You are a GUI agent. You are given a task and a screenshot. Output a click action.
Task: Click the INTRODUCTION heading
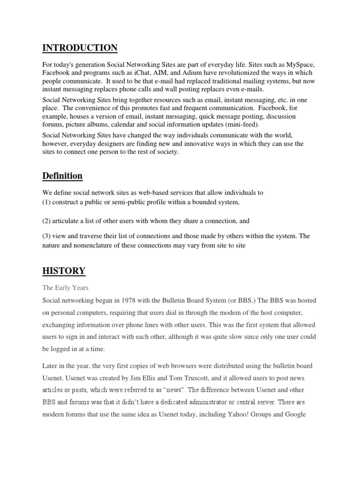click(80, 48)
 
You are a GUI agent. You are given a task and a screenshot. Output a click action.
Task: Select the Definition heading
click(62, 176)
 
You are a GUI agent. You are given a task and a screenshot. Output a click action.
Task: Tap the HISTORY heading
click(64, 270)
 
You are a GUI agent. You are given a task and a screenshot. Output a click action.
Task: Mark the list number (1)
click(47, 202)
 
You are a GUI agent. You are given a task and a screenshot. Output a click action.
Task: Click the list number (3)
click(47, 236)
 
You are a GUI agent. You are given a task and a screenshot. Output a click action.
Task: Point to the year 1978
click(129, 300)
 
